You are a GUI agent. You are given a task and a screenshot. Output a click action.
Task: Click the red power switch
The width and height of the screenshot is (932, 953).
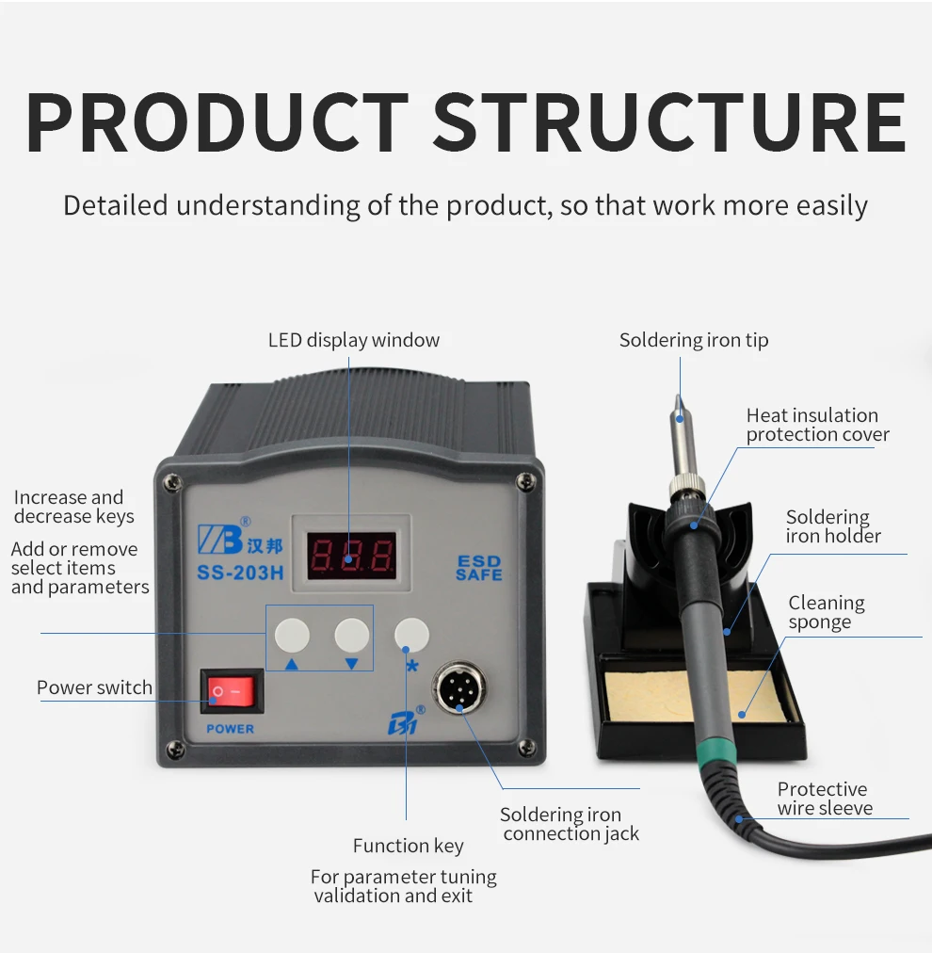point(232,692)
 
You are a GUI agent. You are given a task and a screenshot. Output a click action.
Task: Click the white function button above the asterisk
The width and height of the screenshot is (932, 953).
point(411,636)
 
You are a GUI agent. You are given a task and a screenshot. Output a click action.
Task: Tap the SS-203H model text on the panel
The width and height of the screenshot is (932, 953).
point(239,573)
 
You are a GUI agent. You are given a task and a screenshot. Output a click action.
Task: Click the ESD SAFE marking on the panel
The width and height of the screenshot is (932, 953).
point(478,568)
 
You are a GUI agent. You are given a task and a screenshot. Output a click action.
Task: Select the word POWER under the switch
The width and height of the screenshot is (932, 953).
point(231,729)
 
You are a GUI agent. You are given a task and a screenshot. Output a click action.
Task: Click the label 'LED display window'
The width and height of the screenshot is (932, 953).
point(354,340)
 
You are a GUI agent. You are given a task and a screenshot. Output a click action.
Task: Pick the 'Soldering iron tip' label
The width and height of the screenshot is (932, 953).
point(694,340)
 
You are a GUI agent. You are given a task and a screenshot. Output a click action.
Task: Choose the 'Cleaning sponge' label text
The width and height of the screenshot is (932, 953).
point(826,612)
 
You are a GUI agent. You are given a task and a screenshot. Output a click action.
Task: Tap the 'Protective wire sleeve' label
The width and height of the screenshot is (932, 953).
point(825,799)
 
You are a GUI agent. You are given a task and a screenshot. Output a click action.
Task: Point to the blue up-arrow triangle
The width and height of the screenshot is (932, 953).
point(292,664)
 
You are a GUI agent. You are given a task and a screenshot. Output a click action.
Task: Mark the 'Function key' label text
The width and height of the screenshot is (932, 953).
point(408,846)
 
